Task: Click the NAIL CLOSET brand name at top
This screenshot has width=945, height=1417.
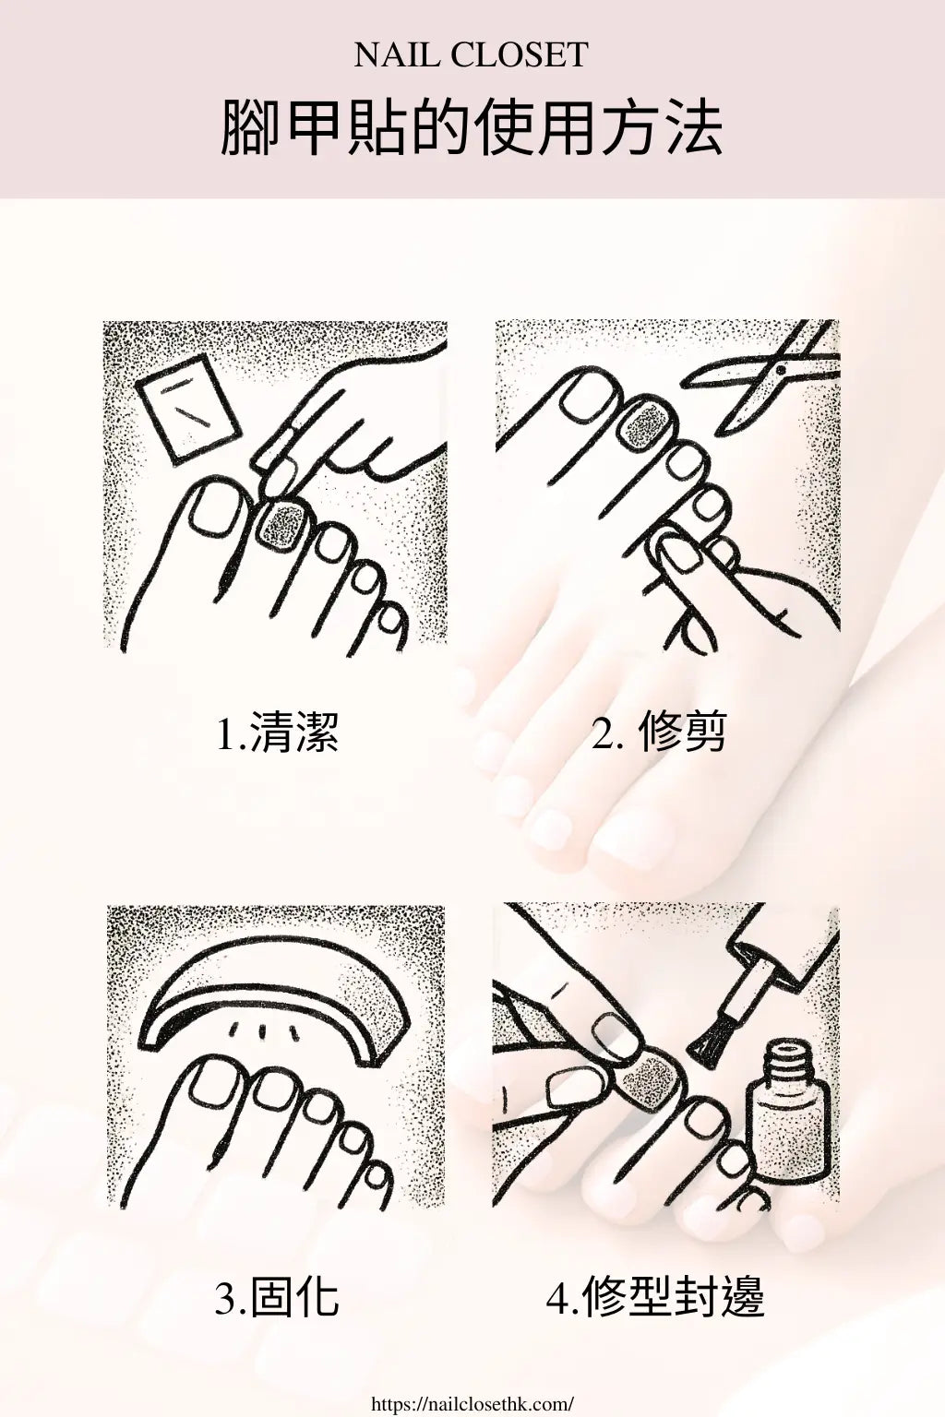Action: click(x=472, y=55)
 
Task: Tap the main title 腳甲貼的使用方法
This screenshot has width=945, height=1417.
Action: click(x=472, y=128)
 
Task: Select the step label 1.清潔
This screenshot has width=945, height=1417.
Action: click(x=278, y=733)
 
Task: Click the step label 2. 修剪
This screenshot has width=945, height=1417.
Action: click(x=659, y=733)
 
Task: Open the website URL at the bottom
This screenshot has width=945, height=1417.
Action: click(x=472, y=1403)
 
